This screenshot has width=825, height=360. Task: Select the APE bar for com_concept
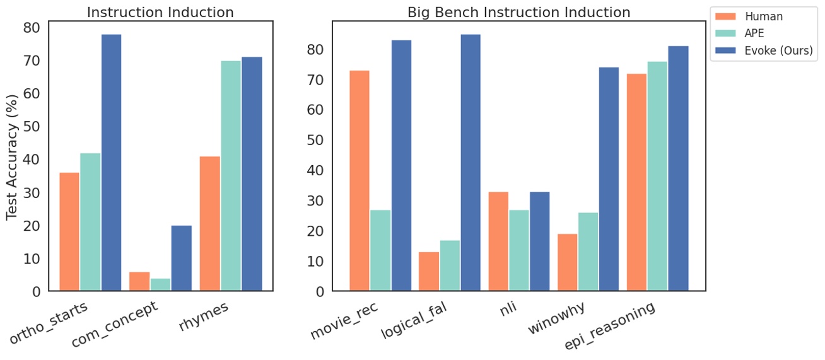160,284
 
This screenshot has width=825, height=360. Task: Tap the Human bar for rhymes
209,223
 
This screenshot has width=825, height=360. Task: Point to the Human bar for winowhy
567,262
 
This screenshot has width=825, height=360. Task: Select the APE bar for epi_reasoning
657,176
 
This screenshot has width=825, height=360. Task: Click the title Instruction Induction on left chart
160,12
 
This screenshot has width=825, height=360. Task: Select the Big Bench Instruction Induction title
518,12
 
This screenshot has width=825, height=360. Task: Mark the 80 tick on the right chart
316,49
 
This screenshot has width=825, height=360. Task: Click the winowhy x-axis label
555,320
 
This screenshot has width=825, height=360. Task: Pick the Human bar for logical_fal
428,272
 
